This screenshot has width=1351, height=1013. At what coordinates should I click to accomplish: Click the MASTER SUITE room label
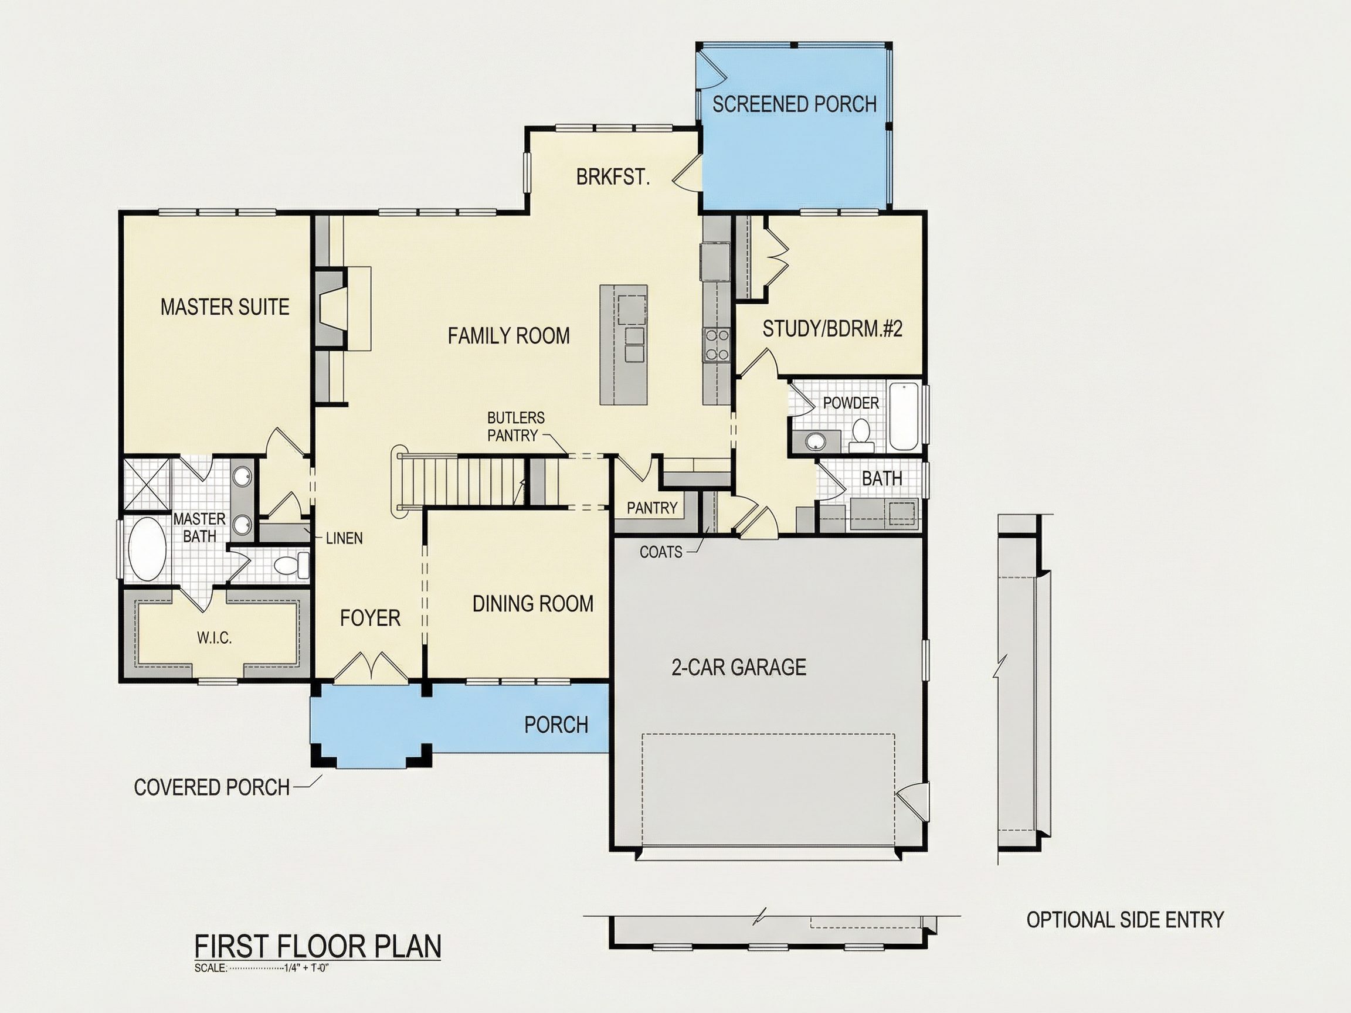click(225, 307)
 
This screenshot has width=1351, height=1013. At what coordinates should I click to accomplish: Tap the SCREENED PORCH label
click(794, 104)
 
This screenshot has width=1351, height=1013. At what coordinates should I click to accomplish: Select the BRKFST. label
click(613, 177)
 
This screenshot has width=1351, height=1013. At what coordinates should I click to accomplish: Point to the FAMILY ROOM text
click(509, 336)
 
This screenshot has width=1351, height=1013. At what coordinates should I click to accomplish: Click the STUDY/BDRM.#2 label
click(833, 329)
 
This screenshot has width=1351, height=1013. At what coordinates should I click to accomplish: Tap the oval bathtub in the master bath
click(147, 549)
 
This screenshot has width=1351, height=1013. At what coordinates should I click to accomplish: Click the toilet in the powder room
click(862, 434)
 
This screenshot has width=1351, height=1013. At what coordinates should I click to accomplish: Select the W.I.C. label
click(215, 638)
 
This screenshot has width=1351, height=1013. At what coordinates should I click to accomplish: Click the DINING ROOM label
click(532, 604)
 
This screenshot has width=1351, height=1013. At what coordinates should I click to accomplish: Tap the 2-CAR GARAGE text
click(738, 667)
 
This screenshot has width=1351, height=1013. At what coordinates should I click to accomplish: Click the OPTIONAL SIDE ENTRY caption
click(1125, 920)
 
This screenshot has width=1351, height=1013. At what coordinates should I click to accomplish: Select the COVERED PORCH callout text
click(211, 788)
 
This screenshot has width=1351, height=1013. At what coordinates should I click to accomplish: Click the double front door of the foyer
click(370, 667)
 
